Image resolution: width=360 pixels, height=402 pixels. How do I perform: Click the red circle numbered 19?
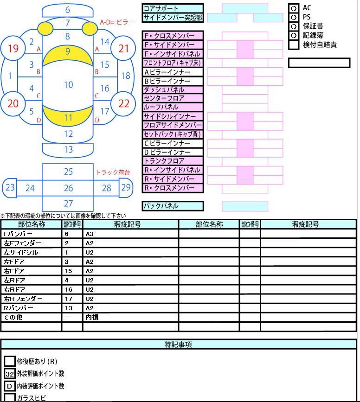pos(13,48)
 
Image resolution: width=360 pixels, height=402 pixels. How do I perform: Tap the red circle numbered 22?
pos(123,103)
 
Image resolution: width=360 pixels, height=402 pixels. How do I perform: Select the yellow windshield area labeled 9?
pos(67,55)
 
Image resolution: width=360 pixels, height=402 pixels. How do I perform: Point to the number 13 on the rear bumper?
pos(69,149)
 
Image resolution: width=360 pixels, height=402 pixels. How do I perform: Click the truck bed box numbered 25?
pos(67,172)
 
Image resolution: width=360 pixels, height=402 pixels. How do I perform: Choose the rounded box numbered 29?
pos(126,188)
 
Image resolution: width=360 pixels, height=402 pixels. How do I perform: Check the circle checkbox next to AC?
pos(294,8)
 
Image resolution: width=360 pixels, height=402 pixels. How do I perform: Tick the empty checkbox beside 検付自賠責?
pos(294,45)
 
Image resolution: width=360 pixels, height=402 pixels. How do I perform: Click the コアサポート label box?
pos(173,8)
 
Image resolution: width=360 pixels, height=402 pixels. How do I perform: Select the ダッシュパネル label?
pos(173,90)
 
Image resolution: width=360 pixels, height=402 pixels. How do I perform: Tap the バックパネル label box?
pos(173,206)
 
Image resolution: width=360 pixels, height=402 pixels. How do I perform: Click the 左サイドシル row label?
pos(31,253)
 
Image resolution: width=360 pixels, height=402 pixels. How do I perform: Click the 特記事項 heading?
pos(178,345)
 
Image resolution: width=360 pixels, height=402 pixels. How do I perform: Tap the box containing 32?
pos(9,374)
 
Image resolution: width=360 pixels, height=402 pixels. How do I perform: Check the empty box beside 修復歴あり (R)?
pos(9,361)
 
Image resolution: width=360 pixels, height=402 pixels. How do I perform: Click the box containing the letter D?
pos(9,386)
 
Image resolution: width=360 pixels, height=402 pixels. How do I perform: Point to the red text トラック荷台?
pos(113,172)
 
